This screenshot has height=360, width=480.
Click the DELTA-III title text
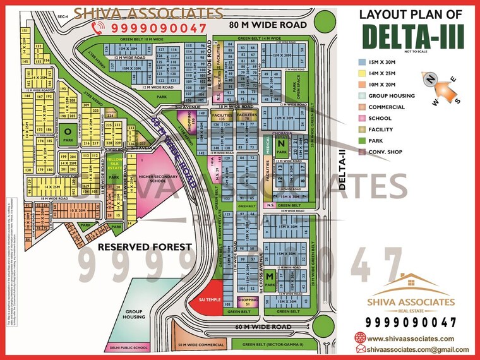tap(413, 37)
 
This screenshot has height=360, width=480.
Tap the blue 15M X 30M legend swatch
tap(361, 63)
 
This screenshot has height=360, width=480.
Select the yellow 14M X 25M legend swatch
tap(361, 73)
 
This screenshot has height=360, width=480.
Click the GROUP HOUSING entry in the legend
tap(391, 95)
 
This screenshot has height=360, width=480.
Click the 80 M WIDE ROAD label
tap(268, 25)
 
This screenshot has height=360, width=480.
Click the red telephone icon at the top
tap(99, 27)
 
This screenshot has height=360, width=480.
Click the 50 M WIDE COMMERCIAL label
tap(201, 345)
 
